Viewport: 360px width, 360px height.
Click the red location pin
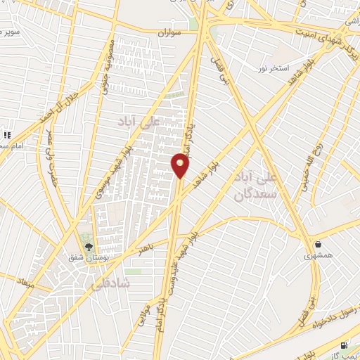click(181, 166)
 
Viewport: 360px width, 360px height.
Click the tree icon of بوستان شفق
click(89, 247)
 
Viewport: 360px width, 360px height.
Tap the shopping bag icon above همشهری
click(319, 244)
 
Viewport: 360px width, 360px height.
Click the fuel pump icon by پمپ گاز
click(343, 345)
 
